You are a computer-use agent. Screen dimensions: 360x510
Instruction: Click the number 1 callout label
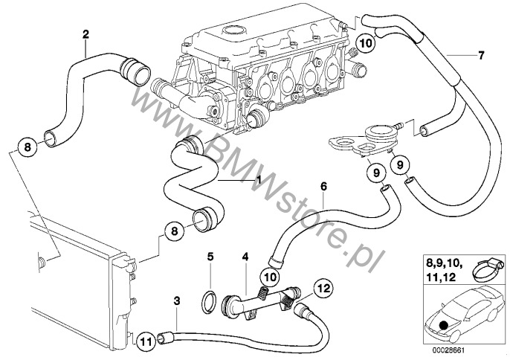tap(259, 179)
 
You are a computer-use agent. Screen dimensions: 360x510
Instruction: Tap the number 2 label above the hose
tap(85, 33)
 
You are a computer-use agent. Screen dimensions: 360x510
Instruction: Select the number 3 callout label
tap(175, 300)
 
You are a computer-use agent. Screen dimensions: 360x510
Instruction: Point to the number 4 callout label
tap(244, 257)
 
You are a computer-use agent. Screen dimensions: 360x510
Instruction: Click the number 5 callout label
tap(210, 257)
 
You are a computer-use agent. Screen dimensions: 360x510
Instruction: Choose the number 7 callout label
tap(480, 55)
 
